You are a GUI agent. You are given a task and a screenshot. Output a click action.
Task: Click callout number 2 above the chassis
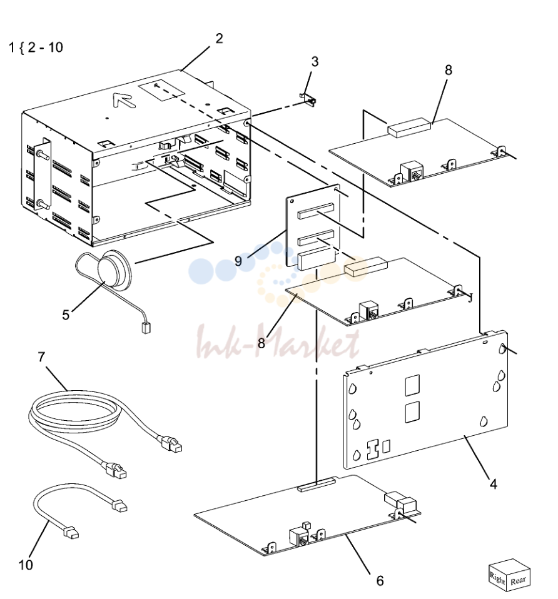coord(219,39)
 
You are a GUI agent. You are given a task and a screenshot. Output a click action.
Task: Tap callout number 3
coord(315,62)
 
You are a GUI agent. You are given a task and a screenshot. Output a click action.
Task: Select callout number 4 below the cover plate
coord(494,485)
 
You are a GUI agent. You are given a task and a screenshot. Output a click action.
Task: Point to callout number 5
coord(66,315)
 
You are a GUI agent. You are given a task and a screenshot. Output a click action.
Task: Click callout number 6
coord(380,580)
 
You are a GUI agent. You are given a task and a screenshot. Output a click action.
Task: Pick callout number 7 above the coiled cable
coord(42,357)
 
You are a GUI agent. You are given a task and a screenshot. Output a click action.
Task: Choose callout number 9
coord(238,261)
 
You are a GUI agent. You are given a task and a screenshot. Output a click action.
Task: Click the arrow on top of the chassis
coord(124,101)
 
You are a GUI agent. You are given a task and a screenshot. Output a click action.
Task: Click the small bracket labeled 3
coord(308,99)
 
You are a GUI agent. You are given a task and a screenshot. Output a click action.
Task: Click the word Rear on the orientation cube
coord(518,580)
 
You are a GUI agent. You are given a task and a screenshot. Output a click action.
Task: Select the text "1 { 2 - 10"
coord(36,48)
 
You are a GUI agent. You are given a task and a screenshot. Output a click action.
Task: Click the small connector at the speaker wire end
coord(146,328)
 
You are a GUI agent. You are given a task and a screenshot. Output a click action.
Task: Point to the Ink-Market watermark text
coord(278,342)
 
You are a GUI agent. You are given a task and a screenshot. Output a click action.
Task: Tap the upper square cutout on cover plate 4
coord(412,385)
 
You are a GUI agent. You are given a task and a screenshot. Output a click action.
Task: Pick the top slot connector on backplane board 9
coord(316,211)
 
